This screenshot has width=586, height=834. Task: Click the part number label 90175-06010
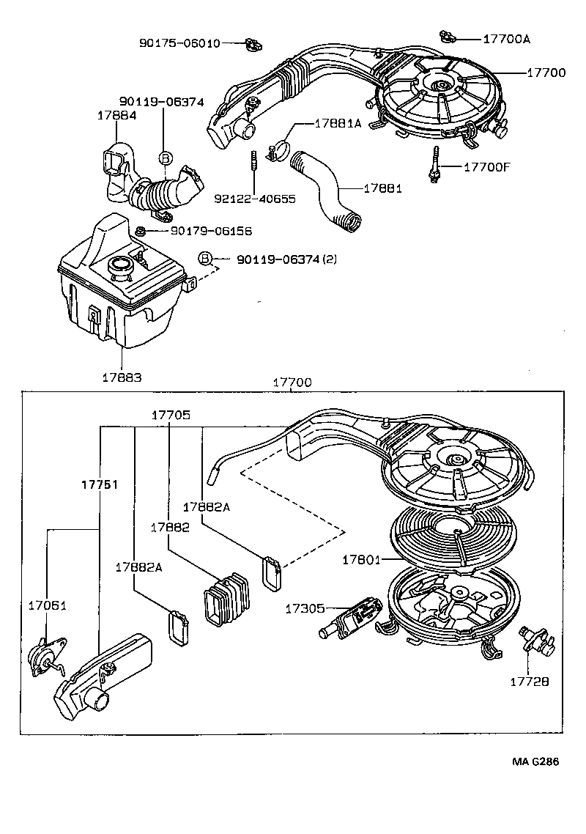(179, 43)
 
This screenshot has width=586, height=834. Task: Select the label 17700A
(507, 39)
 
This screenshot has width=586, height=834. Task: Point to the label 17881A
(338, 124)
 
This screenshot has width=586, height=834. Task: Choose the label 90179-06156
(211, 231)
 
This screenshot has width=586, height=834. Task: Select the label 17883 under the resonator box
(121, 377)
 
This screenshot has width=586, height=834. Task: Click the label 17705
(171, 415)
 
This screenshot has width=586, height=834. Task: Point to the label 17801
(362, 560)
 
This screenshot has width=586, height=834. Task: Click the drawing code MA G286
(535, 761)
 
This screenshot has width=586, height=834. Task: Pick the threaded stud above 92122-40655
(252, 160)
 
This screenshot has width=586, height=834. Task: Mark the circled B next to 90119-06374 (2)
(206, 259)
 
